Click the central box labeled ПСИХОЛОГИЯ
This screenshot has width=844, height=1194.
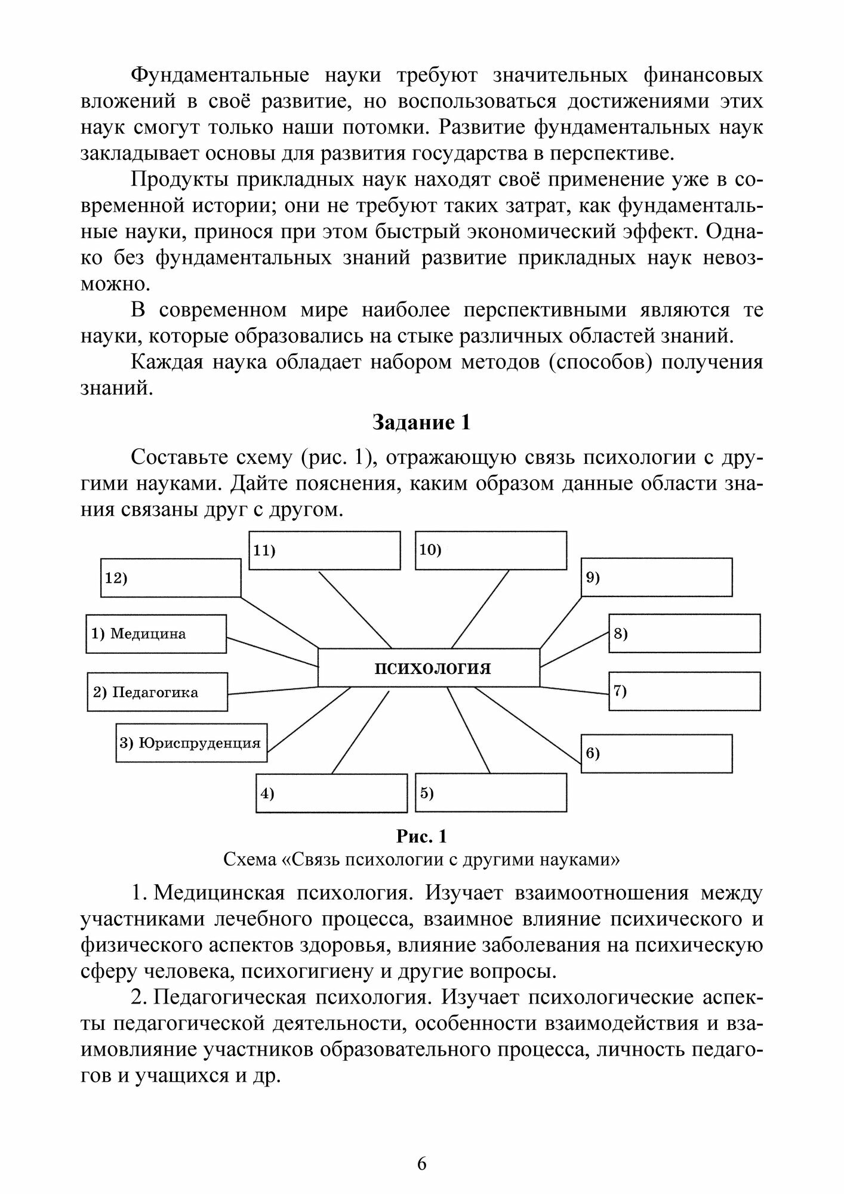point(429,667)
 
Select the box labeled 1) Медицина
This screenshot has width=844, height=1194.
point(156,634)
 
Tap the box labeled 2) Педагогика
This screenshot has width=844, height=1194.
point(157,692)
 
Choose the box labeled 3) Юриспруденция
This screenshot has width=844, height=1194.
point(191,743)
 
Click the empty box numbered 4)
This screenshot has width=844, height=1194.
point(331,793)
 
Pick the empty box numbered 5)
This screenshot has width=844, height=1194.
point(491,792)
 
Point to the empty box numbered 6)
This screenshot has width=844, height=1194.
point(657,753)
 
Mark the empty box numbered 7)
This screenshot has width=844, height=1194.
point(684,691)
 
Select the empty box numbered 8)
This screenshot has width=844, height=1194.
point(684,633)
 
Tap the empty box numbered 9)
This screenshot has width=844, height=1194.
point(657,577)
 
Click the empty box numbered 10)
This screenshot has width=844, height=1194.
point(491,550)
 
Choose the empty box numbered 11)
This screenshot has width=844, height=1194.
point(324,550)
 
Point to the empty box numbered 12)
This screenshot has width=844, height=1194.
point(170,578)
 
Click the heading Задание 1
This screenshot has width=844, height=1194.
point(421,423)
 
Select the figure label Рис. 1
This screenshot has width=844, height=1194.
point(421,836)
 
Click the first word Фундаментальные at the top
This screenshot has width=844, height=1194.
point(220,76)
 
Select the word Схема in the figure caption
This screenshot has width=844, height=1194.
point(248,860)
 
